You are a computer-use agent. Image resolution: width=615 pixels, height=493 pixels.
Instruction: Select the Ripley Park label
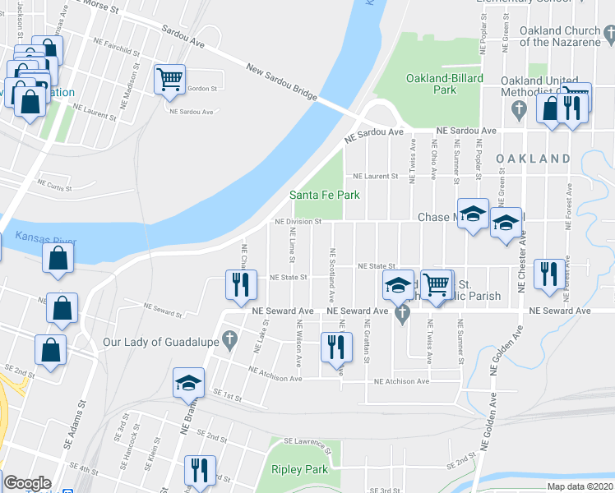click(299, 469)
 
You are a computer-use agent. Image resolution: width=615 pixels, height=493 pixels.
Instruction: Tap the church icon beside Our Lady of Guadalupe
click(230, 338)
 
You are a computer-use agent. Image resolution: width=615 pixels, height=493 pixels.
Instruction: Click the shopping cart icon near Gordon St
click(169, 80)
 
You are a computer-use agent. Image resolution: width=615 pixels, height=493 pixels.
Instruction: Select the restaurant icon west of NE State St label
click(238, 284)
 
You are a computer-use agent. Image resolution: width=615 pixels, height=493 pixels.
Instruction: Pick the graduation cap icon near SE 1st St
click(187, 383)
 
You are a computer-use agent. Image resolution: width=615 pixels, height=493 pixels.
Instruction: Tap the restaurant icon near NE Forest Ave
click(548, 274)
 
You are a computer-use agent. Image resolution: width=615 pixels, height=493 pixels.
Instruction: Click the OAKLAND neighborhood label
click(533, 158)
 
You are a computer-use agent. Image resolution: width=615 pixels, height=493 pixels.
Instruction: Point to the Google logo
click(27, 483)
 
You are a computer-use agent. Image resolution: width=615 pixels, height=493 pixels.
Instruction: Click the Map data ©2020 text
click(580, 486)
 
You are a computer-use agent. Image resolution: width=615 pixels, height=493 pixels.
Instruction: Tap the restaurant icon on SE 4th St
click(199, 470)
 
